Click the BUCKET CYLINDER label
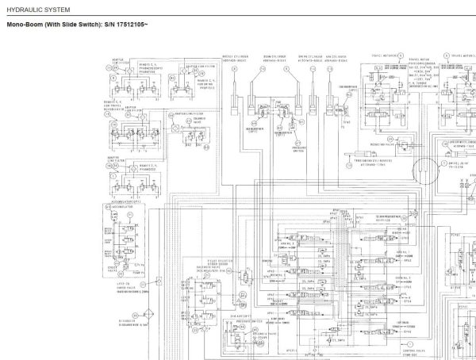[x=239, y=57]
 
